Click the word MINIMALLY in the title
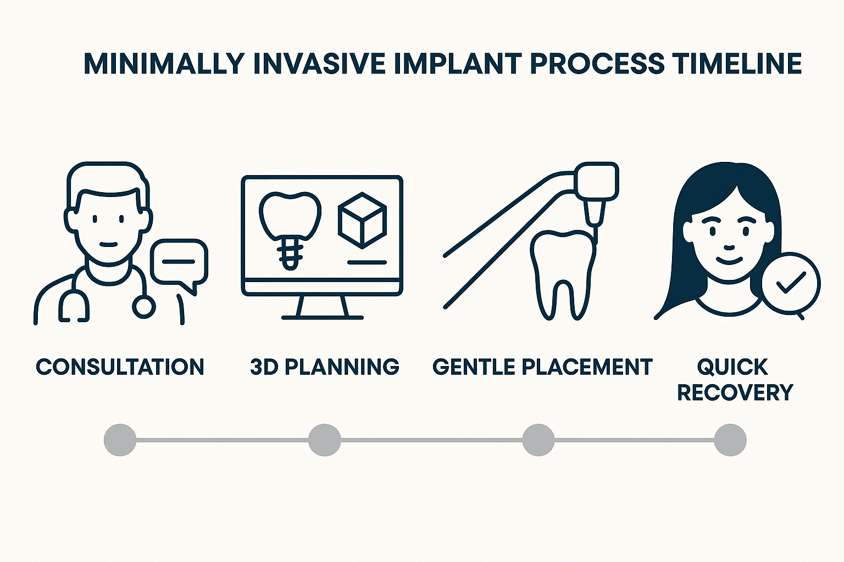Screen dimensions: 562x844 point(164,64)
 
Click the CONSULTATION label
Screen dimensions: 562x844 point(120,367)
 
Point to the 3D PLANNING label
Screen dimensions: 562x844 point(324,367)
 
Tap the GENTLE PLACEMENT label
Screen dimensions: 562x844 point(542,367)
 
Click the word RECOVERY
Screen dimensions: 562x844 point(735,392)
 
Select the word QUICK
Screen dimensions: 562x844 point(732,367)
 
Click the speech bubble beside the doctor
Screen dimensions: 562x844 point(179,262)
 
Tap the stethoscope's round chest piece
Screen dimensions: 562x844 point(144,307)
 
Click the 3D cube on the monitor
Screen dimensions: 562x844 point(362,222)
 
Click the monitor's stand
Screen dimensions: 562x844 point(323,307)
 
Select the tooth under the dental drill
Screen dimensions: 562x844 point(563,272)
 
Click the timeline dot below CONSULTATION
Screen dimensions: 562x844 point(120,440)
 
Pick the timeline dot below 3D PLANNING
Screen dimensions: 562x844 point(324,440)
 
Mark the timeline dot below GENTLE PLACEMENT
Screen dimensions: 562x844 point(538,440)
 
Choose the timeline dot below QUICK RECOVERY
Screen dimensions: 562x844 point(730,440)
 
